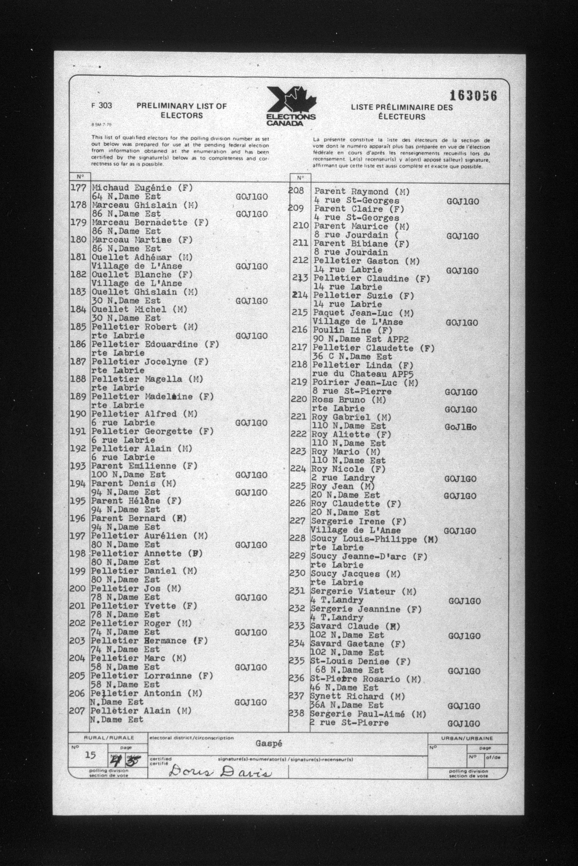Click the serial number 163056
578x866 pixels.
(473, 96)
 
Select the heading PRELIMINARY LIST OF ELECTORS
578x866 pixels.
(181, 110)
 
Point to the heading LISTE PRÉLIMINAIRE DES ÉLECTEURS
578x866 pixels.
(401, 112)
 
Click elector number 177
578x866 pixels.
(78, 187)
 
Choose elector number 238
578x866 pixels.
(296, 713)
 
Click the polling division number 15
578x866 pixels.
(90, 755)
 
